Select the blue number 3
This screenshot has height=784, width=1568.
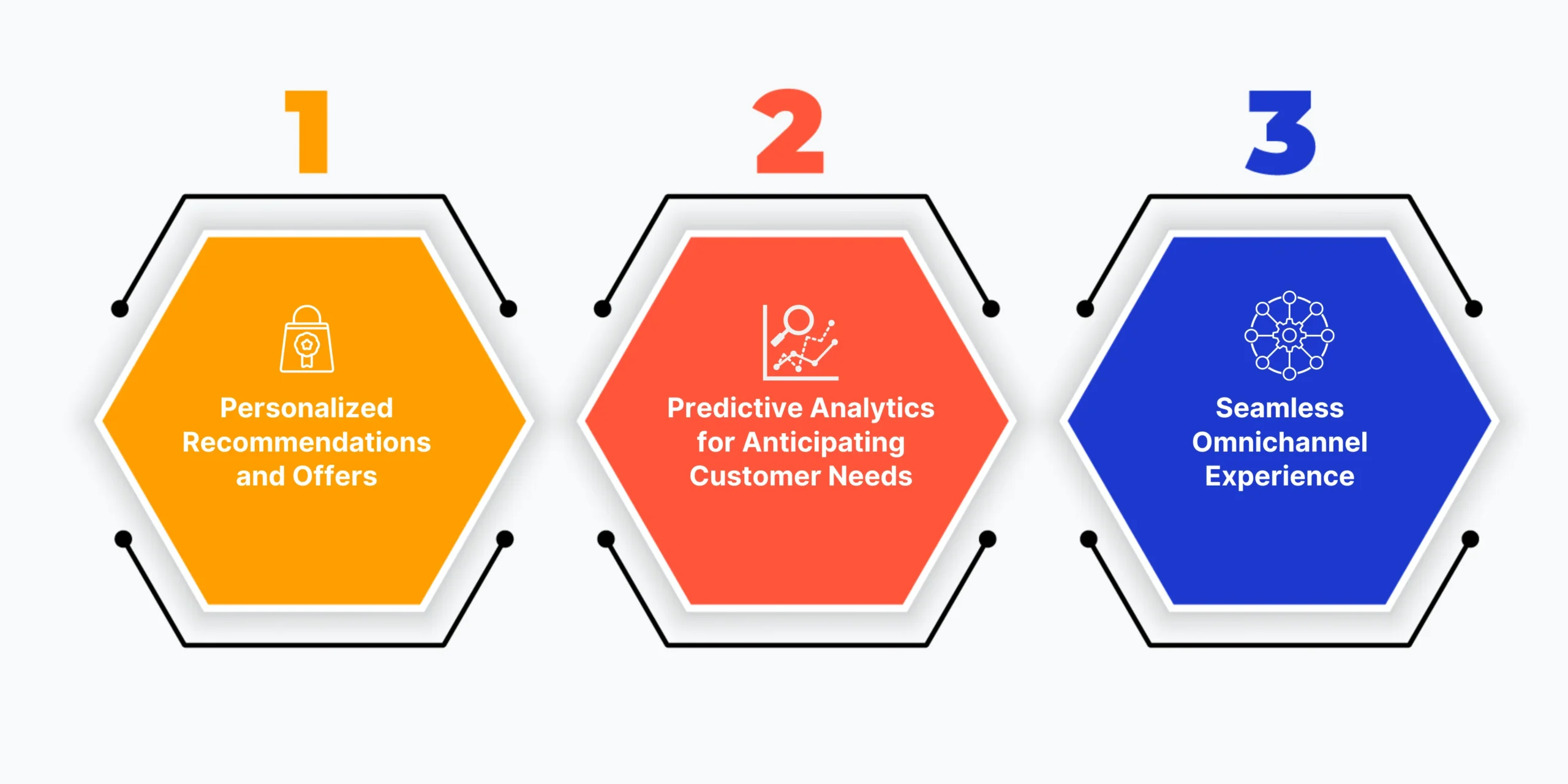[1281, 132]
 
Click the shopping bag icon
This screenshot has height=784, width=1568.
[307, 339]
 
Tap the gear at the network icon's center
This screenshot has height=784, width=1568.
[1289, 335]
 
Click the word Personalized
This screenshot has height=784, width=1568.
[306, 408]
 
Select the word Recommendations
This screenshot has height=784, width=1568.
[306, 442]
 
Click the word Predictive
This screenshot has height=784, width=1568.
[735, 408]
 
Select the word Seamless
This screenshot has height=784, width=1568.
[1280, 408]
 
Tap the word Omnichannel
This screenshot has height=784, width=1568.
[1280, 442]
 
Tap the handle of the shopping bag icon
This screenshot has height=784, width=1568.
[307, 314]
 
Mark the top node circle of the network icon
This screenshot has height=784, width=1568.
[1289, 298]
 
